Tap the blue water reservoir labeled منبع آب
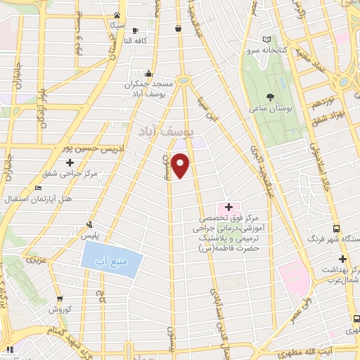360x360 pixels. click(112, 262)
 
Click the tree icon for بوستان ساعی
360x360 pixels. click(270, 96)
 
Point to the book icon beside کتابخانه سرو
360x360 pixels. click(266, 39)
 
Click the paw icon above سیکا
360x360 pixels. click(117, 14)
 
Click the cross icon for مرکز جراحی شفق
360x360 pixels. click(70, 163)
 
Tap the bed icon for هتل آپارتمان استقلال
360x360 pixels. click(38, 188)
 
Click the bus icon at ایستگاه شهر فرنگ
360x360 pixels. click(336, 229)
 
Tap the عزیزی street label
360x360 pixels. click(34, 260)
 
